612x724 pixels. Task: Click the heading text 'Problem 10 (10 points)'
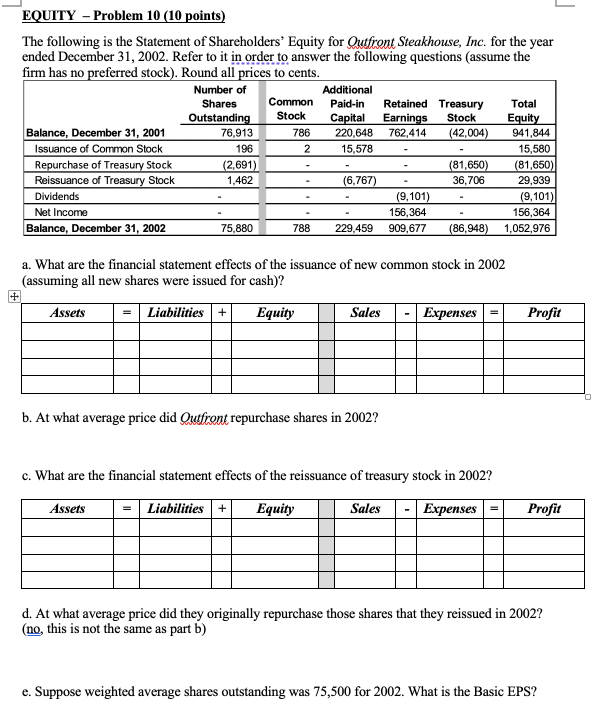[159, 15]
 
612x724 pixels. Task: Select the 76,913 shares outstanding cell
[236, 132]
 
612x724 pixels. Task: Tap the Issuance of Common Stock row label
[98, 148]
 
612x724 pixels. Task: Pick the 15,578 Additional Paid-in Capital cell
[356, 148]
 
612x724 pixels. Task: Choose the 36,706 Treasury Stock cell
[468, 180]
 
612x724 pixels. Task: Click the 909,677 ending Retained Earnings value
[407, 228]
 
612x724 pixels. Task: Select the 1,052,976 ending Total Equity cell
[526, 228]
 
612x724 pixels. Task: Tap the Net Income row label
[61, 212]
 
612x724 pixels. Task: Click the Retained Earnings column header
[405, 110]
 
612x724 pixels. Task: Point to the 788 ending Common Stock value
[301, 228]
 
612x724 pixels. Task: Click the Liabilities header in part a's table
[175, 312]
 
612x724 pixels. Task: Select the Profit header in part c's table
[544, 508]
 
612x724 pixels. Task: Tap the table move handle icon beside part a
[14, 297]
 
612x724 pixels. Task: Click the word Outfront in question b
[203, 417]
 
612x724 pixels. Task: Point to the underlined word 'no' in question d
[34, 628]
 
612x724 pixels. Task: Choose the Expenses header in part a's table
[449, 312]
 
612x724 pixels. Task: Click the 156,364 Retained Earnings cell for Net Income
[407, 212]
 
